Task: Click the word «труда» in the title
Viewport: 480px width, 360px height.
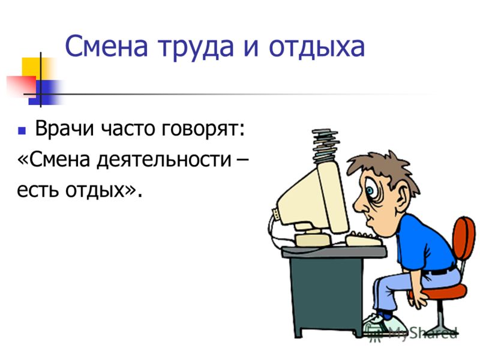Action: pos(196,47)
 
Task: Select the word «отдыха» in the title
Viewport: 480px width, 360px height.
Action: pos(317,47)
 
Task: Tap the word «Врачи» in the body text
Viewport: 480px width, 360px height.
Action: pos(64,128)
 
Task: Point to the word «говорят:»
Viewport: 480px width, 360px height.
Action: pos(203,129)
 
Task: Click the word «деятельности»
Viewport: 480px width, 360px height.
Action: pos(164,160)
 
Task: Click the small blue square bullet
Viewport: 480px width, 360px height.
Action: pos(22,131)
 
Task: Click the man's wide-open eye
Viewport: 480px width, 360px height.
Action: pos(371,191)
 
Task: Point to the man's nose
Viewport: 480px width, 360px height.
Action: pos(361,205)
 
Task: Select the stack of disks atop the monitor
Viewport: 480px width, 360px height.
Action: pos(325,145)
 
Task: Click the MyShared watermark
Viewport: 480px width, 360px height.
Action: pos(412,333)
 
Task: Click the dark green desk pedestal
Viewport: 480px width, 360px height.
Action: pos(326,295)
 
